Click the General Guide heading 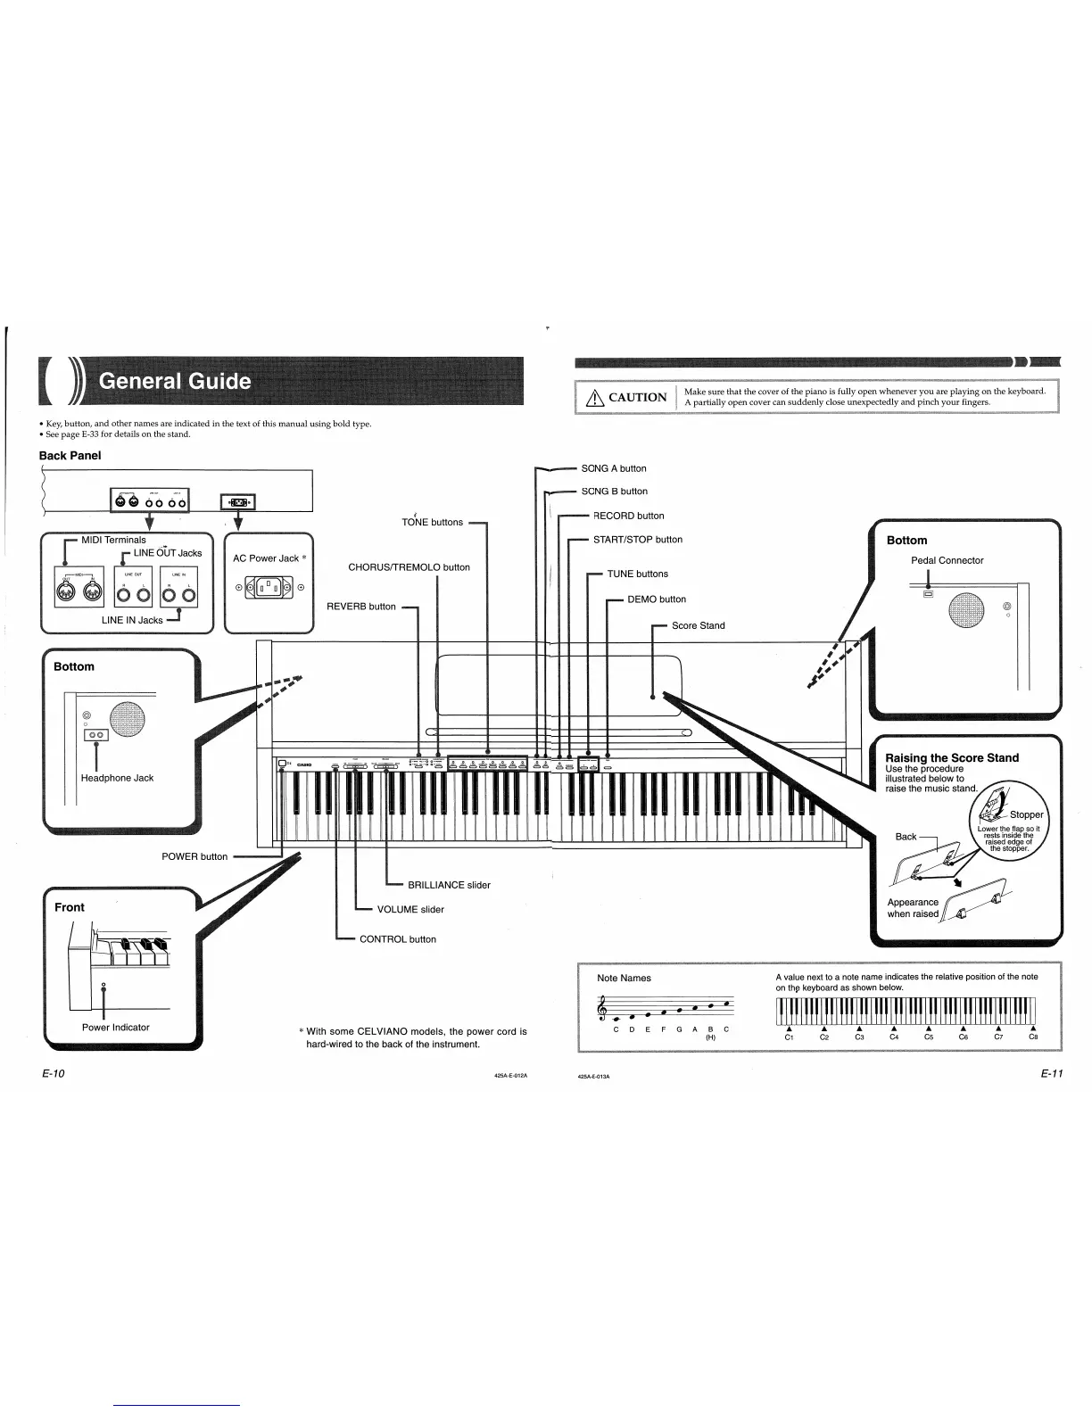pos(175,381)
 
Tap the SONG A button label pos(614,468)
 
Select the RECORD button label pos(629,516)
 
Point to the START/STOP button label pos(638,540)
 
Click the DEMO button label pos(657,599)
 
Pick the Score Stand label pos(698,625)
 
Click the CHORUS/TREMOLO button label pos(409,567)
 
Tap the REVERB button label pos(361,607)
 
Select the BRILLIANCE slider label pos(449,885)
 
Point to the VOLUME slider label pos(410,910)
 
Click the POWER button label pos(194,856)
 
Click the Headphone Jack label pos(117,778)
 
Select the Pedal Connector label pos(947,560)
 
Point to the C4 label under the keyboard pos(894,1037)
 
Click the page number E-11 pos(1051,1073)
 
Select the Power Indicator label pos(116,1028)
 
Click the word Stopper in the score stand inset pos(1026,814)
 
